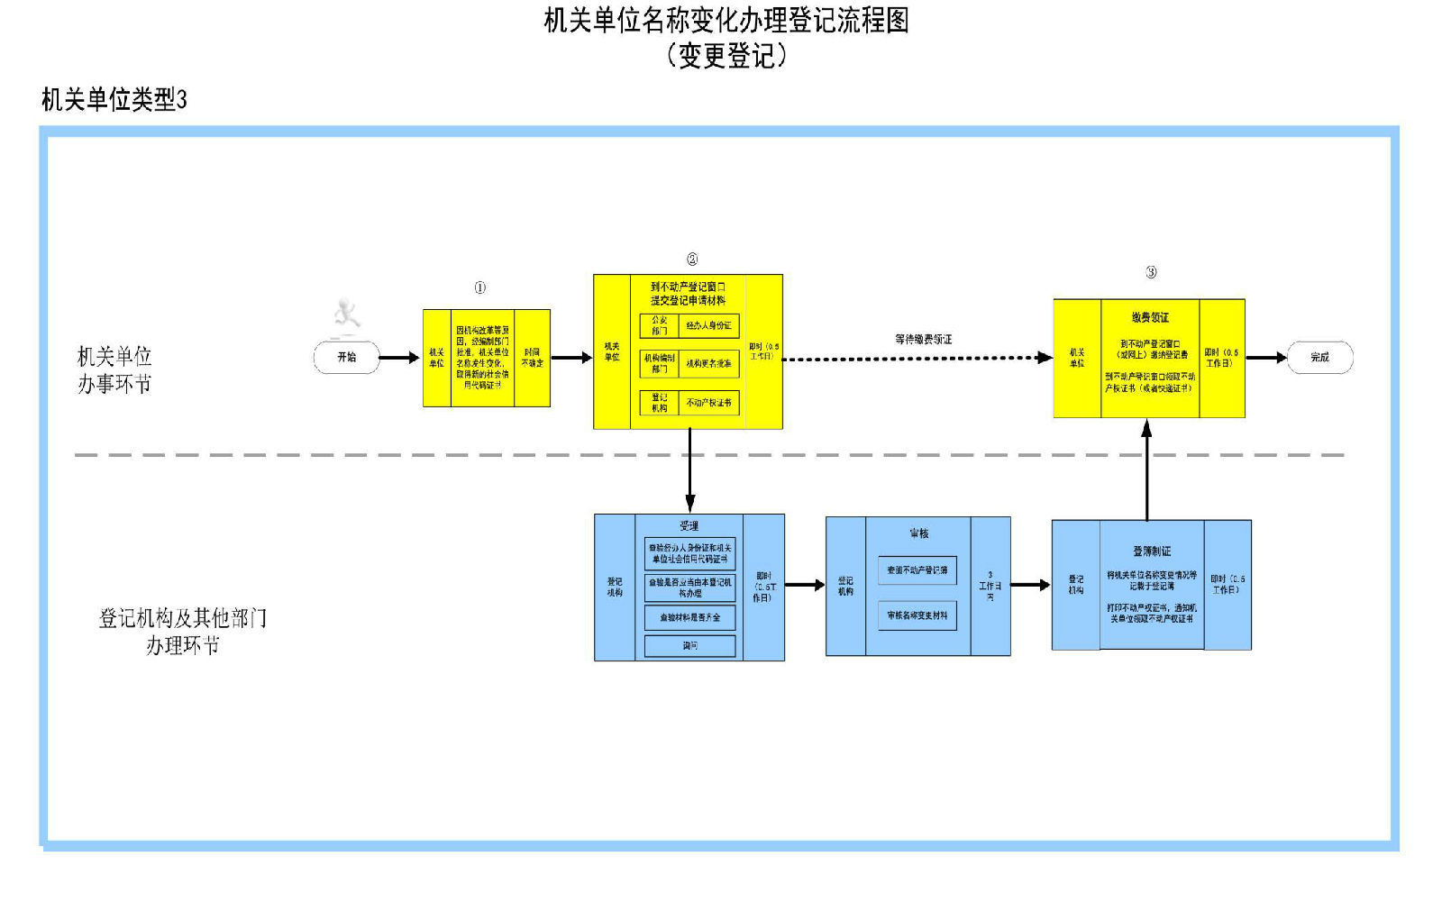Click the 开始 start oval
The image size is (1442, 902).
(x=346, y=358)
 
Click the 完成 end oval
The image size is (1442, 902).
(x=1319, y=358)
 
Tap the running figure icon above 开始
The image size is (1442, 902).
(x=346, y=314)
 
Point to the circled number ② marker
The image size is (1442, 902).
(x=691, y=260)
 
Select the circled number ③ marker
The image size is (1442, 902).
(x=1151, y=272)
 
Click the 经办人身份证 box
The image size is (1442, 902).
(x=708, y=325)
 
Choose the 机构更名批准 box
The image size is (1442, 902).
(x=708, y=364)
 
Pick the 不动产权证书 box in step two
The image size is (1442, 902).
(x=708, y=403)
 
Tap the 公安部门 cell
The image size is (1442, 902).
(x=660, y=325)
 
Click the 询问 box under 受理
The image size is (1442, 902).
(x=689, y=646)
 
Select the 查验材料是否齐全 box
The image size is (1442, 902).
(x=689, y=617)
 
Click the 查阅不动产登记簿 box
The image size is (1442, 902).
(x=917, y=570)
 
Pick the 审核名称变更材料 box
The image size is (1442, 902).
(x=917, y=615)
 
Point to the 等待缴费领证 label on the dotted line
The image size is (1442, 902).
(x=923, y=340)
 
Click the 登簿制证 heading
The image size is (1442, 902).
(x=1152, y=551)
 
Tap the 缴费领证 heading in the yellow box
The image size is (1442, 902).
(x=1150, y=317)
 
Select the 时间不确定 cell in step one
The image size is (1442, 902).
(x=532, y=358)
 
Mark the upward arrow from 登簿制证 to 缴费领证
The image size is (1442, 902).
(x=1146, y=469)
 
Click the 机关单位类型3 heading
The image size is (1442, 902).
(x=114, y=99)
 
